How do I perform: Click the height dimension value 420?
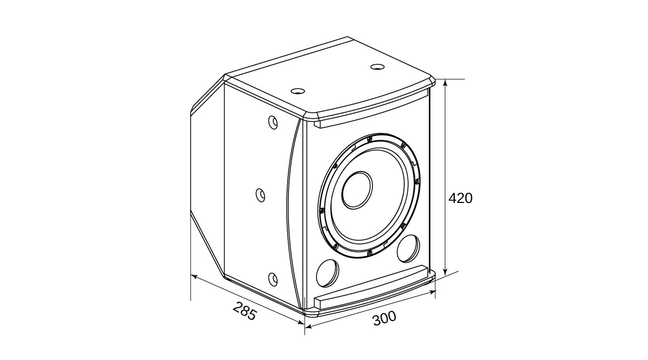[x=460, y=198]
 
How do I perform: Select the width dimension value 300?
[x=384, y=318]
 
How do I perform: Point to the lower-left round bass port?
[x=327, y=273]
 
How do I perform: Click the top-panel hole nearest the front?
[x=296, y=91]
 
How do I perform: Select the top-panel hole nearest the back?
[x=376, y=67]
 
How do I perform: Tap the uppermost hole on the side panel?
[x=273, y=123]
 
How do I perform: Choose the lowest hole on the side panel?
[x=273, y=279]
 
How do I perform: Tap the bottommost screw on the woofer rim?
[x=369, y=252]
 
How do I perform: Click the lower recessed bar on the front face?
[x=373, y=286]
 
